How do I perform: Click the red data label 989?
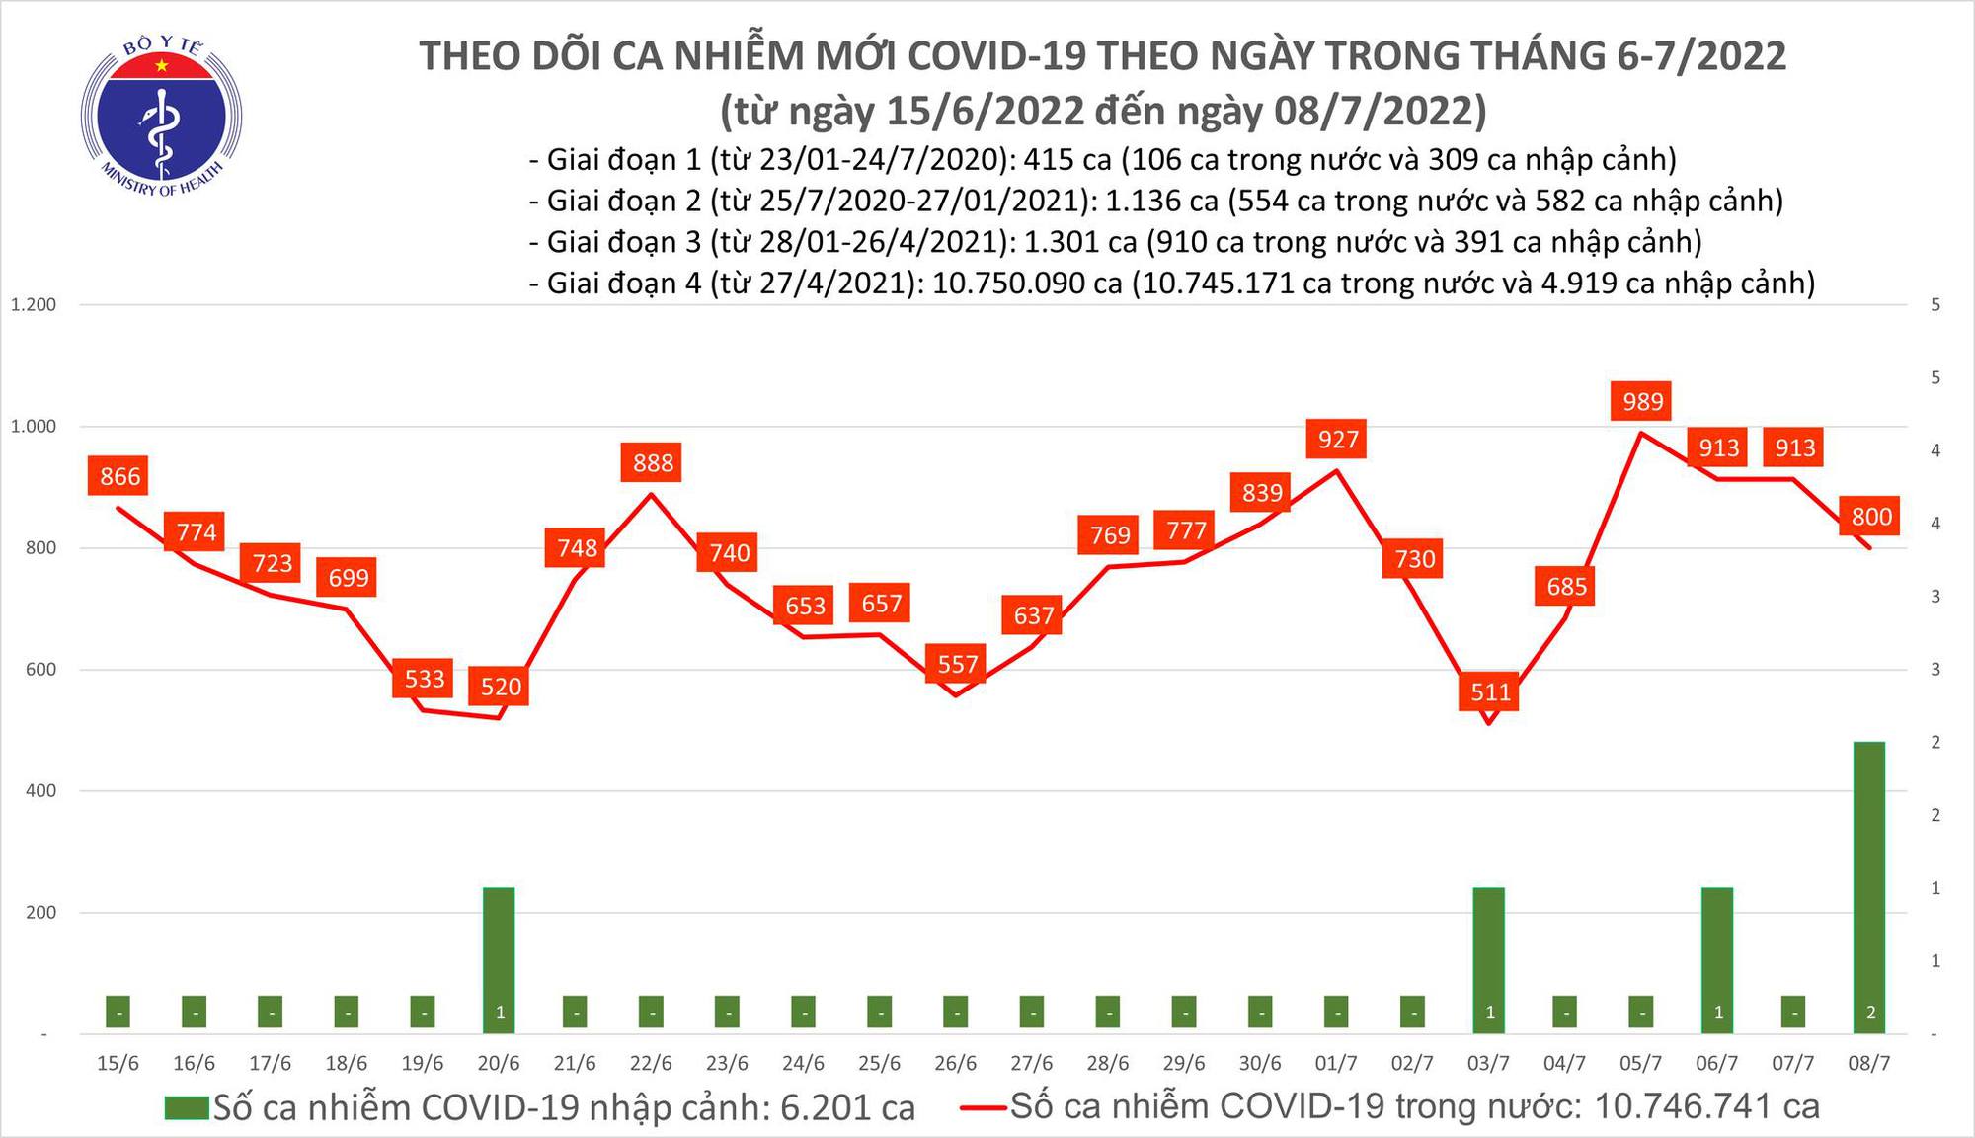click(x=1642, y=401)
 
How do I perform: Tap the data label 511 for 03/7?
click(x=1490, y=691)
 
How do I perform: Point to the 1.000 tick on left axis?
click(x=33, y=427)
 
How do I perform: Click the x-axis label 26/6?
click(x=955, y=1064)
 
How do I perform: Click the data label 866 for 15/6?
click(x=119, y=476)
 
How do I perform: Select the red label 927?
click(x=1338, y=439)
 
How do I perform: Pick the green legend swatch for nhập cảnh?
click(x=187, y=1108)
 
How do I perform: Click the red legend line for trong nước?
click(x=983, y=1108)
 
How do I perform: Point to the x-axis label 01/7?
click(x=1335, y=1064)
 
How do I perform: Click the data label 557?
click(x=957, y=664)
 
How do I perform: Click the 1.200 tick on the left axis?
click(x=33, y=305)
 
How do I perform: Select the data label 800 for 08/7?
click(x=1870, y=516)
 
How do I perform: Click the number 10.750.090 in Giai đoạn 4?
click(x=1026, y=284)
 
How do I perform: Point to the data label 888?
click(x=653, y=462)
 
